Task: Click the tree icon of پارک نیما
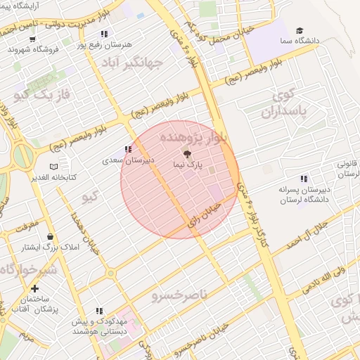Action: point(186,153)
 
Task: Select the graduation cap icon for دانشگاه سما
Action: point(300,31)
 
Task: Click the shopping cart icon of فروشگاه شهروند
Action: point(13,49)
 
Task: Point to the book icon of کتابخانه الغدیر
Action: point(53,167)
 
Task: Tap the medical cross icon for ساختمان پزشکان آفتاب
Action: point(34,288)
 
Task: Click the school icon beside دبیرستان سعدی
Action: point(127,149)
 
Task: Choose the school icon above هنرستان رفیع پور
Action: point(104,33)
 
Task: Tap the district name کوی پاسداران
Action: point(288,103)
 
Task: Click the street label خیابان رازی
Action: point(205,214)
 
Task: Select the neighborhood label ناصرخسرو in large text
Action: point(179,296)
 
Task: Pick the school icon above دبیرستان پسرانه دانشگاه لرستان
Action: point(303,179)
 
